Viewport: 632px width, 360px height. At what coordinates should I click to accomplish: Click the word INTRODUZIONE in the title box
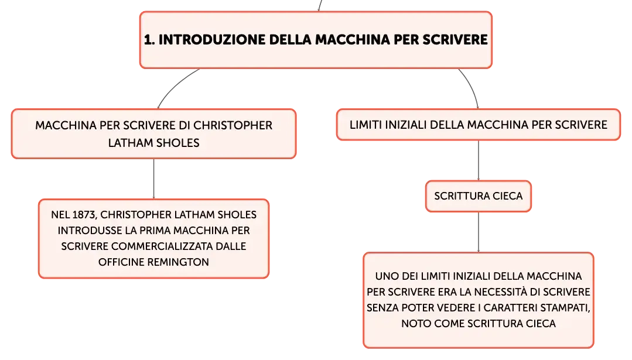[x=212, y=39]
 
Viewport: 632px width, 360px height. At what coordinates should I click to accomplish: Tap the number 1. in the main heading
[x=149, y=39]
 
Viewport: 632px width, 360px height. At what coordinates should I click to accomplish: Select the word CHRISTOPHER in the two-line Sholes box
[x=233, y=125]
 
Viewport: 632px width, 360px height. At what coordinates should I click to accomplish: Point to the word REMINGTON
[x=178, y=262]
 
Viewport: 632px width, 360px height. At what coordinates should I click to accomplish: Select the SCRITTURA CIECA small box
[x=479, y=196]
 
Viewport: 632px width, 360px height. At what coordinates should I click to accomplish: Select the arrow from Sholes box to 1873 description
[x=153, y=179]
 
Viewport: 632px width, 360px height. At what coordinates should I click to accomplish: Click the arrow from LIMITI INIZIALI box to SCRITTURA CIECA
[x=479, y=160]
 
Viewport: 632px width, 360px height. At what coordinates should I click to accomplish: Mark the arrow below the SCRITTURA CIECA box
[x=479, y=232]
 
